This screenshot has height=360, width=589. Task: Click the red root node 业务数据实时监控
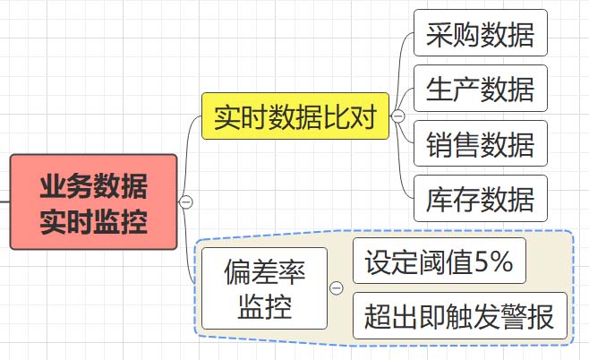coord(94,202)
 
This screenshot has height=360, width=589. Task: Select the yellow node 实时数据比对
coord(295,116)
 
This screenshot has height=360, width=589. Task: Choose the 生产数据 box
coord(481,89)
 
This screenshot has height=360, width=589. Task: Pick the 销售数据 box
coord(481,143)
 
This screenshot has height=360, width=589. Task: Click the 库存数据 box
coord(481,198)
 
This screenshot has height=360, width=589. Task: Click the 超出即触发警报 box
coord(459,315)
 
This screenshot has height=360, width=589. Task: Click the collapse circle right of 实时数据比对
coord(398,116)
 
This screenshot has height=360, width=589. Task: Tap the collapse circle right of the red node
coord(186,202)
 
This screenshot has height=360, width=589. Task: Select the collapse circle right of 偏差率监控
coord(337,288)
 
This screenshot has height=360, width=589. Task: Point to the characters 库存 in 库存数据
coord(453,198)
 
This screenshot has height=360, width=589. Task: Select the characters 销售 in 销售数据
coord(453,143)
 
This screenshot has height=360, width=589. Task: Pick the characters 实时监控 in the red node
coord(94,219)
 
